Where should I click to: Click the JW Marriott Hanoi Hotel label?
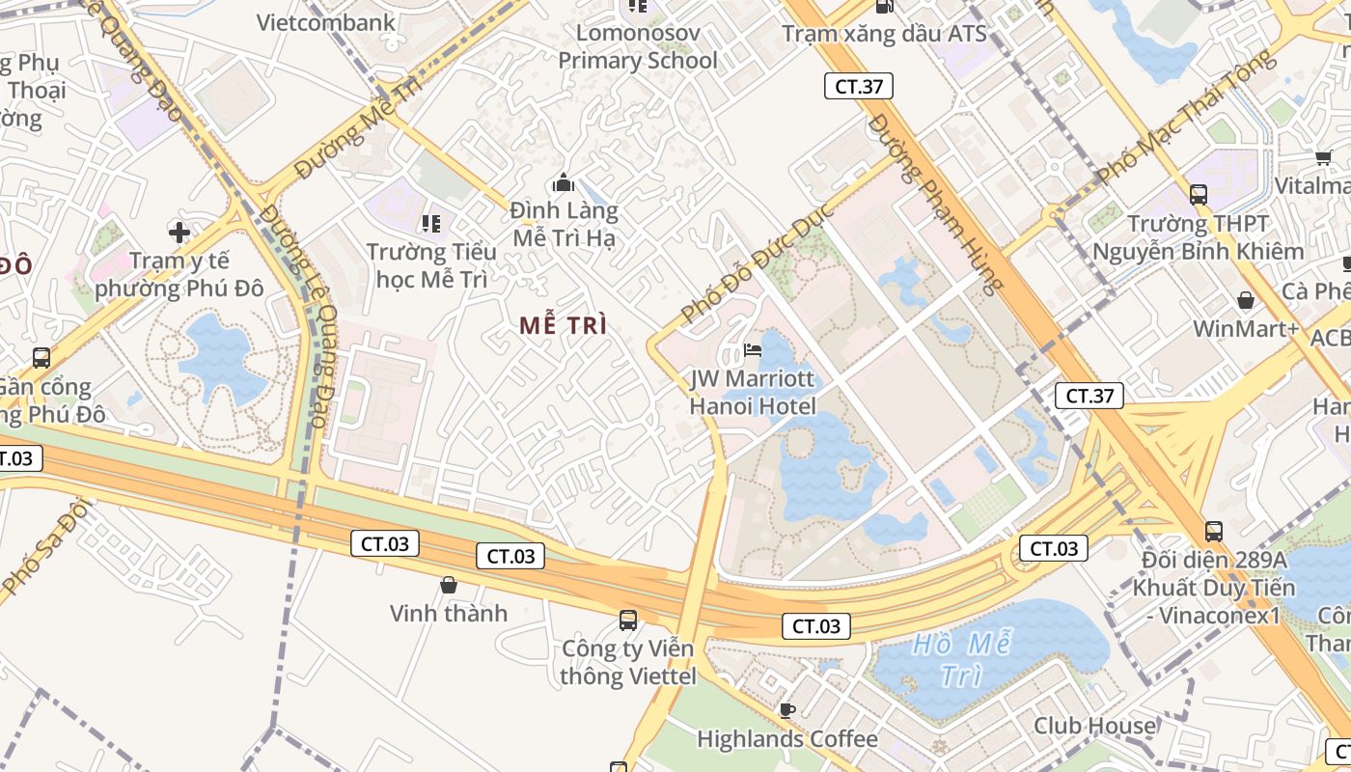[x=752, y=392]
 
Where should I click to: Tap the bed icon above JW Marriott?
[x=753, y=349]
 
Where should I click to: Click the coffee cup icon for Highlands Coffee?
[x=787, y=710]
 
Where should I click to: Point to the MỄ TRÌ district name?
[x=564, y=326]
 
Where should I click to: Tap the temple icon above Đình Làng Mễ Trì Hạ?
[x=564, y=182]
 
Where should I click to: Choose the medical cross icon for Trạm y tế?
[x=179, y=233]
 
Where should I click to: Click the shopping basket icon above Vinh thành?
[x=448, y=585]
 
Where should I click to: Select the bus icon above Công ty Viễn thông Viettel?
[x=628, y=620]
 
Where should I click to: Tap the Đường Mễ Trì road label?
[x=359, y=128]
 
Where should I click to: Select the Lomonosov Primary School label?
[x=638, y=46]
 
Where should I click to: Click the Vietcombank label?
[x=325, y=22]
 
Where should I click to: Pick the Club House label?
[x=1094, y=726]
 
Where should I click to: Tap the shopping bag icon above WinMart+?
[x=1246, y=300]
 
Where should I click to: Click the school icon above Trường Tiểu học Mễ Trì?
[x=431, y=224]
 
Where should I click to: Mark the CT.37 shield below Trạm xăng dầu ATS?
[x=858, y=86]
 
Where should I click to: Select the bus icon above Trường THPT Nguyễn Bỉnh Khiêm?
[x=1198, y=195]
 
